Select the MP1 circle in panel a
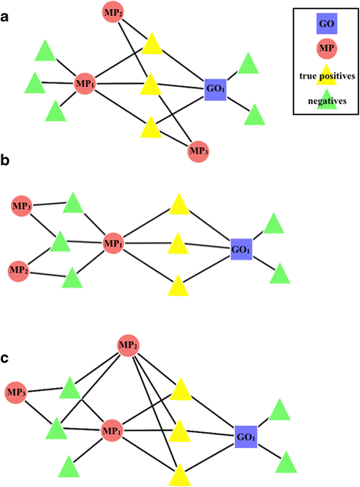tap(85, 82)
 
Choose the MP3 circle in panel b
tap(22, 205)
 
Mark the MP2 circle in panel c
tap(127, 347)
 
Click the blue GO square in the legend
tap(325, 24)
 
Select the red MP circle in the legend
tap(325, 49)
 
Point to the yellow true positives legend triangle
tap(326, 74)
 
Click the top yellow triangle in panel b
tap(178, 204)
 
